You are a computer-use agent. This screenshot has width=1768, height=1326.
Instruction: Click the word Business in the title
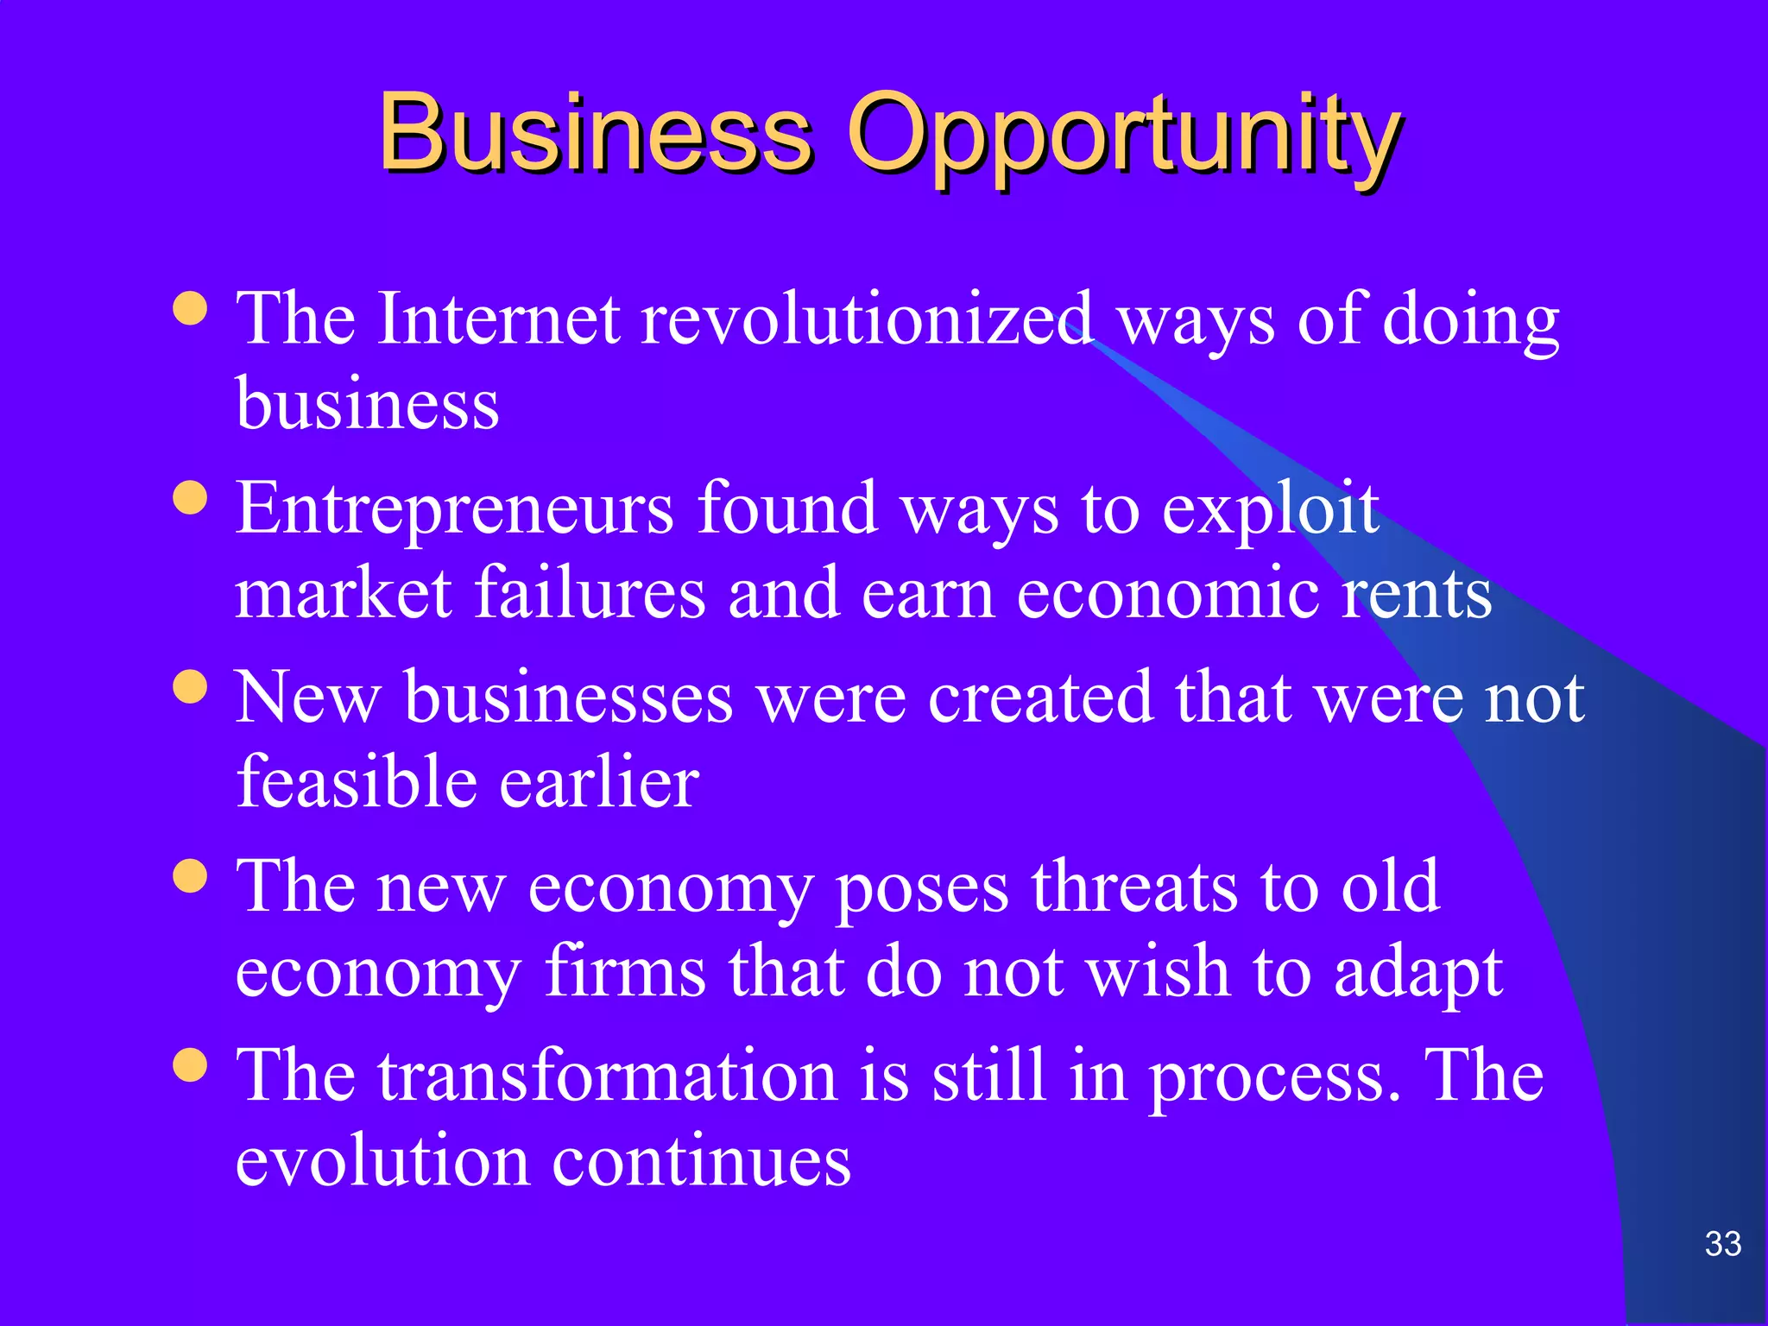[596, 134]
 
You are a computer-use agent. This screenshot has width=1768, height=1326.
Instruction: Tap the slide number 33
[1723, 1244]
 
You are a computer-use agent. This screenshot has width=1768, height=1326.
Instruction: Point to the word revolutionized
[868, 319]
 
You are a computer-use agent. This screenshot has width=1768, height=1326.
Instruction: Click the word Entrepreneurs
[454, 509]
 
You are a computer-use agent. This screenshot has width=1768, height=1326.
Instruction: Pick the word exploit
[1270, 509]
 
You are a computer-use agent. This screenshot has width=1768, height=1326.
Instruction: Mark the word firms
[625, 972]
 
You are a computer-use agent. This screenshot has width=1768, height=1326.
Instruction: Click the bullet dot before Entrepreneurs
[190, 497]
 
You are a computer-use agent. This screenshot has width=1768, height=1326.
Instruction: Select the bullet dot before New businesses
[190, 687]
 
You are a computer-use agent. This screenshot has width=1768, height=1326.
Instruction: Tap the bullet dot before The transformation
[190, 1064]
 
